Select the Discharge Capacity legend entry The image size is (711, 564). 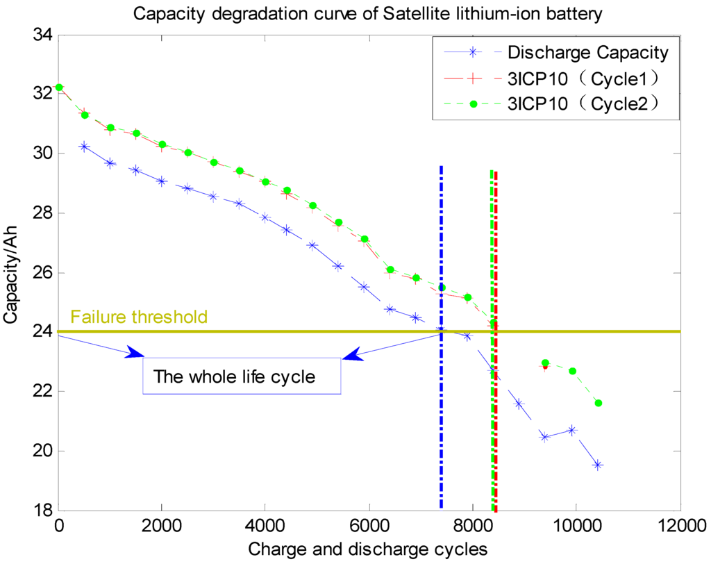click(587, 52)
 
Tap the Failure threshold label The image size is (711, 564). click(139, 317)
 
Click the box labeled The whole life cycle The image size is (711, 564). click(242, 376)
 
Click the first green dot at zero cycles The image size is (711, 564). click(59, 88)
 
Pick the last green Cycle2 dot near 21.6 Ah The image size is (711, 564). click(599, 403)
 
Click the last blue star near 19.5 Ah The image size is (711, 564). click(598, 465)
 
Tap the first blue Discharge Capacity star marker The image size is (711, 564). click(85, 147)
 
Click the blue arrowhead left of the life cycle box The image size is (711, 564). click(133, 355)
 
